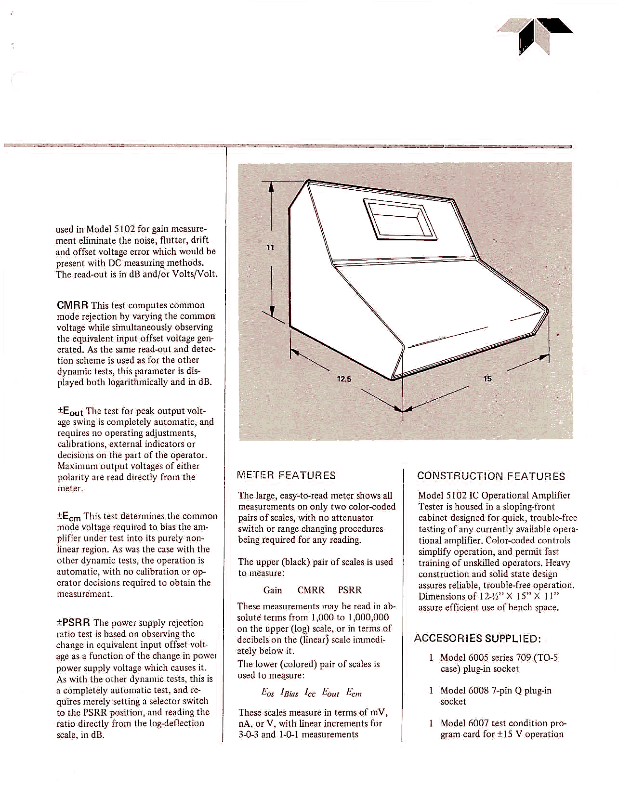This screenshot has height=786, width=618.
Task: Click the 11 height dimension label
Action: point(270,248)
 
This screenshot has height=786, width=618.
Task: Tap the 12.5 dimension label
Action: point(344,379)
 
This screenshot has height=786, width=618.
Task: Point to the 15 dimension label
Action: point(487,379)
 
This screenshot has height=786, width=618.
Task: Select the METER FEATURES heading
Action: point(287,476)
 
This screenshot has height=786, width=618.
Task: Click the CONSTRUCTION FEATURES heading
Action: point(491,476)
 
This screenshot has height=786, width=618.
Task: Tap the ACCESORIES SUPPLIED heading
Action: point(477,639)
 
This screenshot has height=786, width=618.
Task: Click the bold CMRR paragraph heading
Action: point(72,305)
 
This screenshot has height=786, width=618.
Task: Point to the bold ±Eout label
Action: point(70,412)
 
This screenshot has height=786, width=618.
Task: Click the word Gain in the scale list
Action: point(273,590)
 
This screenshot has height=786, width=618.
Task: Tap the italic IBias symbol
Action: point(289,694)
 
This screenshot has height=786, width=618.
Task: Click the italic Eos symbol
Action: point(268,693)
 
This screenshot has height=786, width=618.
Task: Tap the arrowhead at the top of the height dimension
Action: point(271,185)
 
